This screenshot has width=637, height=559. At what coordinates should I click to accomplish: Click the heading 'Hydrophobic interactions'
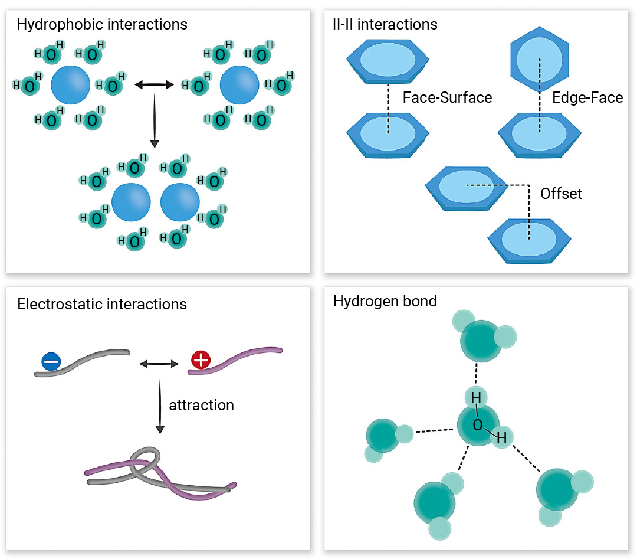(102, 25)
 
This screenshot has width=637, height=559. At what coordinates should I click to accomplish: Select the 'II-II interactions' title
(385, 25)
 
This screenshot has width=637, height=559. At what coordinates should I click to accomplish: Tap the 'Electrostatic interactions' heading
(102, 305)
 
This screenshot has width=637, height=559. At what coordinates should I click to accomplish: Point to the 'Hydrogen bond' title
(385, 301)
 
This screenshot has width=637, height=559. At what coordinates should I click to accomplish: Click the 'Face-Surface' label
(447, 97)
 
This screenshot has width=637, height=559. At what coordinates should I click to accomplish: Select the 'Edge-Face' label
(587, 97)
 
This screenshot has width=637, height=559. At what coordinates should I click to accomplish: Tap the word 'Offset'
(561, 194)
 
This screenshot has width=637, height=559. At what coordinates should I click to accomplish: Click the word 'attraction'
(201, 406)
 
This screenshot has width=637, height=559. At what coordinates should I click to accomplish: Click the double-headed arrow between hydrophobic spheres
(155, 86)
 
